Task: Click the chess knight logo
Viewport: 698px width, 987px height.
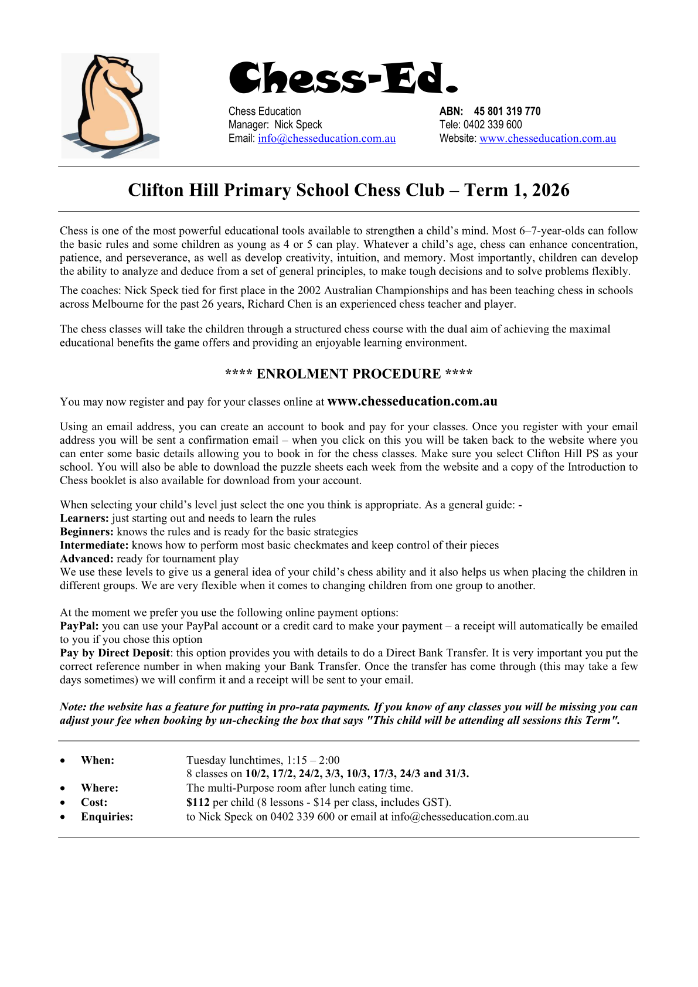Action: [110, 105]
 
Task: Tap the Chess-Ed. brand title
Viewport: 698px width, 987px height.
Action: [343, 78]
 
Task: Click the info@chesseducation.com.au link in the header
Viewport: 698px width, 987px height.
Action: [326, 139]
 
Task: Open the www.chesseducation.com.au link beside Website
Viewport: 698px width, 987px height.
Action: [547, 139]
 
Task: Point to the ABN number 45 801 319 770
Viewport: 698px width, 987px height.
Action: [507, 111]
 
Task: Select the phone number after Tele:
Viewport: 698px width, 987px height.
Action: [492, 125]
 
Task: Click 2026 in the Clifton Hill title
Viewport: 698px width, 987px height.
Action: [550, 190]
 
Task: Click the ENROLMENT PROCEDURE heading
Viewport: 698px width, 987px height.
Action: [349, 374]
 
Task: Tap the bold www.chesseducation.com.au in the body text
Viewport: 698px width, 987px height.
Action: [412, 401]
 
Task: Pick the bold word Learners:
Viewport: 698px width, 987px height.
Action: [84, 518]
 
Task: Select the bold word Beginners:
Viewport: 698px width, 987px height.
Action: [87, 532]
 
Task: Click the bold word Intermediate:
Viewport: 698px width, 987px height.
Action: [94, 545]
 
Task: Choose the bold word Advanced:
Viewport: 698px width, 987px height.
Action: [87, 559]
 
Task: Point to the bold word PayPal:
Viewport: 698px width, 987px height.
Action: [79, 626]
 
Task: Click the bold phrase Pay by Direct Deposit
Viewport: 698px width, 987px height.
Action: [115, 653]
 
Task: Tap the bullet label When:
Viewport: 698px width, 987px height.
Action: [97, 760]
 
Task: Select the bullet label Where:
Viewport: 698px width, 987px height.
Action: [100, 788]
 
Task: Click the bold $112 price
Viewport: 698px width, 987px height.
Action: [198, 802]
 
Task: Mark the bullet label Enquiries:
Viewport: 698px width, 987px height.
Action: [107, 816]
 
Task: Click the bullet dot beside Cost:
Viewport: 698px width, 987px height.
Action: [63, 803]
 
